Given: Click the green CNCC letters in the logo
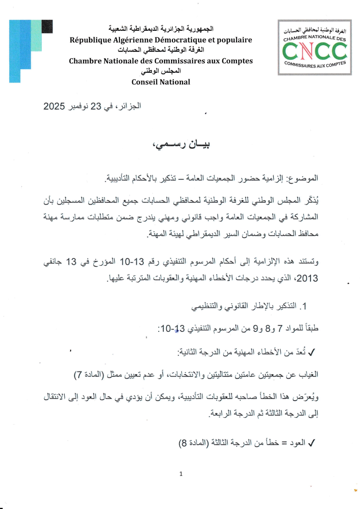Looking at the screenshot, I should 314,51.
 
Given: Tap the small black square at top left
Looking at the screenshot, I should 47,26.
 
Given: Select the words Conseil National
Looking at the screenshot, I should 161,82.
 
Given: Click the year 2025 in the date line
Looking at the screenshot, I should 54,106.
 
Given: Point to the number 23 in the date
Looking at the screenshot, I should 96,106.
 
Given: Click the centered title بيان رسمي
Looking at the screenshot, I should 181,144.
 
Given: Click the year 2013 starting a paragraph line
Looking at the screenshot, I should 307,278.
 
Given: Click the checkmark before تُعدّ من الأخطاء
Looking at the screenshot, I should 312,353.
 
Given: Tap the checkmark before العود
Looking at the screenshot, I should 312,443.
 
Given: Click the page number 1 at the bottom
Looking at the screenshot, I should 181,474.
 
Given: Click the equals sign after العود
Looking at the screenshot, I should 285,443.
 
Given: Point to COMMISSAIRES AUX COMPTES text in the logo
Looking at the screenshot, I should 315,65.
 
